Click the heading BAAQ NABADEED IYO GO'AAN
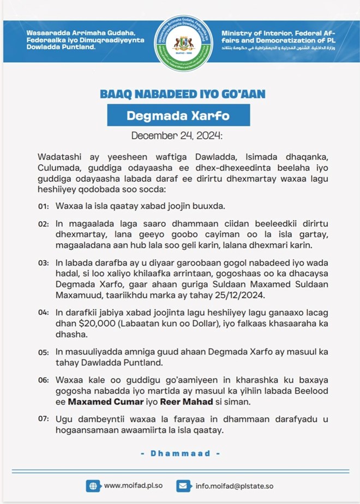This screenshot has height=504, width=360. click(x=183, y=94)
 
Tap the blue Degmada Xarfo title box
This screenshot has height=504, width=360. click(x=178, y=115)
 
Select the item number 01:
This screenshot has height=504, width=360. click(x=44, y=207)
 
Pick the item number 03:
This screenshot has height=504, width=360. click(x=44, y=263)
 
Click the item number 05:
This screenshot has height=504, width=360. click(x=44, y=352)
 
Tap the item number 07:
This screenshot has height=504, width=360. click(x=44, y=419)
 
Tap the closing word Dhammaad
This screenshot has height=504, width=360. click(x=180, y=453)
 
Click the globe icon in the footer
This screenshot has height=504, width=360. click(x=93, y=485)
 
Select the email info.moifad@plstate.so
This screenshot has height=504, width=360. click(x=235, y=485)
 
